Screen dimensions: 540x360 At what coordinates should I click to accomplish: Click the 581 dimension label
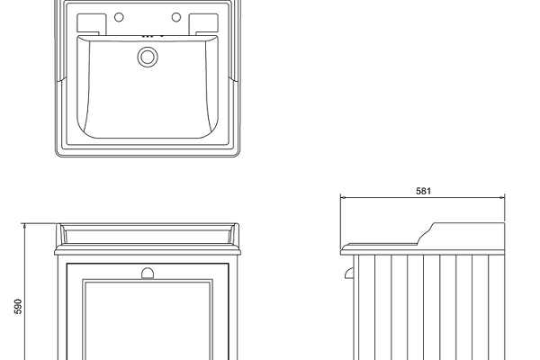423,191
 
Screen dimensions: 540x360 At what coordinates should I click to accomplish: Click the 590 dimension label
18,306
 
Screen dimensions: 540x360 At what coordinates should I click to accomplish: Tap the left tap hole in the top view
119,17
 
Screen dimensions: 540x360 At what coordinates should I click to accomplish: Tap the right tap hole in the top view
176,17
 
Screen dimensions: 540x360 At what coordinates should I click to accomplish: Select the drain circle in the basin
148,57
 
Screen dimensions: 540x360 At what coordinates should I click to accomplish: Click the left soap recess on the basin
91,23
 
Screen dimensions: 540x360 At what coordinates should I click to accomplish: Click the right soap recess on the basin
203,23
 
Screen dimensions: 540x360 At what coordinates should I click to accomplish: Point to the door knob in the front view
148,274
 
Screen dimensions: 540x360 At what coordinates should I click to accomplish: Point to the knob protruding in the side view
349,273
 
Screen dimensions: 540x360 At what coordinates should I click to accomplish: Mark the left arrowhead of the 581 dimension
343,198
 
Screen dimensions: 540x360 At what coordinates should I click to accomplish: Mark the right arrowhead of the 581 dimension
502,198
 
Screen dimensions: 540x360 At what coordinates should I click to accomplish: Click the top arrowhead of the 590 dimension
24,226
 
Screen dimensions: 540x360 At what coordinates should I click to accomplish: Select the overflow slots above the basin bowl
152,35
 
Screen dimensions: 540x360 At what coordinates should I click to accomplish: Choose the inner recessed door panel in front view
148,320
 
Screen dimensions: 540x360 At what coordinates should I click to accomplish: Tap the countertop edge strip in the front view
147,252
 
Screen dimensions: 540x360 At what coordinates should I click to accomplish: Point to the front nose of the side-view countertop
342,250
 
